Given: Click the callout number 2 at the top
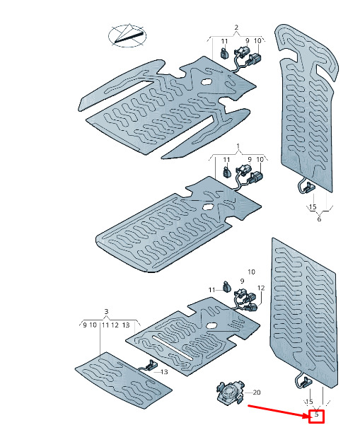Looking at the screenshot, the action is coord(236,27).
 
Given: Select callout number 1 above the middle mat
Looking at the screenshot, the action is coord(238,146).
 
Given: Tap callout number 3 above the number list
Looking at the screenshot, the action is coord(106,311).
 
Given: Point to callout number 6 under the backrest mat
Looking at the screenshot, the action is coord(319,219).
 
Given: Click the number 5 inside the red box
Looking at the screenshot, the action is coord(317,414).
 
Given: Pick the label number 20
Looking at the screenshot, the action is coord(256,393).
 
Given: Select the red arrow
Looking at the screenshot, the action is coord(278,410).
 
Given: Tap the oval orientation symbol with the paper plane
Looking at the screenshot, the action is coord(127,35).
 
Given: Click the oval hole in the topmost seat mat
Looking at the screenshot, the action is coord(206,81).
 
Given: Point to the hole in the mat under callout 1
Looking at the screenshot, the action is coord(208,207).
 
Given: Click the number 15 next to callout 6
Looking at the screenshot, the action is coord(313,207).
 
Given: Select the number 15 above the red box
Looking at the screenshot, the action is coord(309,402).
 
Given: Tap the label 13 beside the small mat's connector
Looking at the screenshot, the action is coord(164,372).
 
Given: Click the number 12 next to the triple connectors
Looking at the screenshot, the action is coord(261,288).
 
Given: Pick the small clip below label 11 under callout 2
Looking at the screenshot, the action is coord(224,52).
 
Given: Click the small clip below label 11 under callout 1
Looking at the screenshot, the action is coord(226,172).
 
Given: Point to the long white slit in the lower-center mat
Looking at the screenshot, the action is coord(173,348).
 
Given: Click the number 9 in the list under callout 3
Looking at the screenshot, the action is coord(85,325).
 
